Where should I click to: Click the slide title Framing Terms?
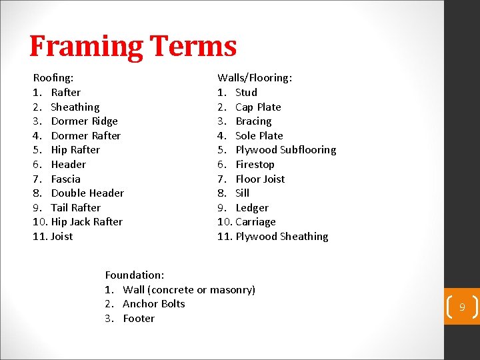[x=133, y=47]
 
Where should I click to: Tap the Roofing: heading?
[x=53, y=78]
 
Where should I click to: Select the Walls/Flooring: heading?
[x=255, y=78]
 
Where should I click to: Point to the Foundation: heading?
[x=135, y=275]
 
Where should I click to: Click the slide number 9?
[x=461, y=307]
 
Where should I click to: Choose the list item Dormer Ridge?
[x=84, y=121]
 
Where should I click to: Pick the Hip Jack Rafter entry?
[x=87, y=222]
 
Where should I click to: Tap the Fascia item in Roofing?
[x=65, y=179]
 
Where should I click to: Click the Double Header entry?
[x=87, y=193]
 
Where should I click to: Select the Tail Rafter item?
[x=75, y=208]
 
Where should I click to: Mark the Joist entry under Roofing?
[x=62, y=237]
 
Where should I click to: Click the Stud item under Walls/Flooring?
[x=246, y=93]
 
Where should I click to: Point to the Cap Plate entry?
[x=258, y=107]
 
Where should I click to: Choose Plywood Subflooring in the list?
[x=285, y=150]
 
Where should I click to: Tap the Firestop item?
[x=255, y=165]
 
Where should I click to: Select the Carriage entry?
[x=255, y=222]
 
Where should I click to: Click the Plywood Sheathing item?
[x=281, y=237]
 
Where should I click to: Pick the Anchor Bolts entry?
[x=154, y=304]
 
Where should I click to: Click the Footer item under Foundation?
[x=139, y=319]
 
